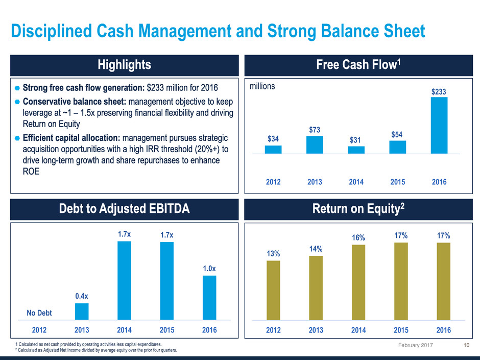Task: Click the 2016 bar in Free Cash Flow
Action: click(x=439, y=125)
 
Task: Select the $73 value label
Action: click(x=315, y=130)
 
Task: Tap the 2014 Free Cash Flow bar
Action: click(x=356, y=150)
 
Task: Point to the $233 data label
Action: click(x=439, y=91)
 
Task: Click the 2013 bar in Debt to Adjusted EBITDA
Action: click(x=82, y=311)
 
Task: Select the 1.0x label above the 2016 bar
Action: click(x=209, y=269)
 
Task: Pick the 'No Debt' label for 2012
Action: click(x=39, y=313)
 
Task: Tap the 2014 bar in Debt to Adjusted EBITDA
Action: click(x=124, y=280)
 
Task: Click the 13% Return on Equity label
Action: click(x=273, y=254)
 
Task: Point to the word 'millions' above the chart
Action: click(x=262, y=87)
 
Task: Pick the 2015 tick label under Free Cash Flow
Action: click(x=397, y=182)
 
